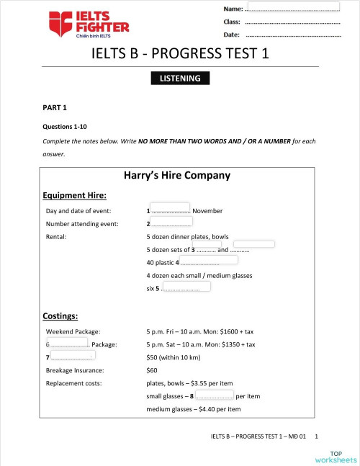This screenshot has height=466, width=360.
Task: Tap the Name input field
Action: point(293,6)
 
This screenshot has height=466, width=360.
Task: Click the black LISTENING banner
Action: point(180,78)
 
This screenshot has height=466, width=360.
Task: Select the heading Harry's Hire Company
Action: point(177,175)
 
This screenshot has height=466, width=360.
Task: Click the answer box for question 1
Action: point(170,207)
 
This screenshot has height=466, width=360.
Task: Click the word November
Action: point(208,211)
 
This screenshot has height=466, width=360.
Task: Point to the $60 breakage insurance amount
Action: point(152,370)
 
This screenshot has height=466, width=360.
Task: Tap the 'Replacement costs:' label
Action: point(73,383)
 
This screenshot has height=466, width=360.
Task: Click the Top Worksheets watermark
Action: point(336,455)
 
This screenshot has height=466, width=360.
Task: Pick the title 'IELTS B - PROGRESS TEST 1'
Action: point(180,54)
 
